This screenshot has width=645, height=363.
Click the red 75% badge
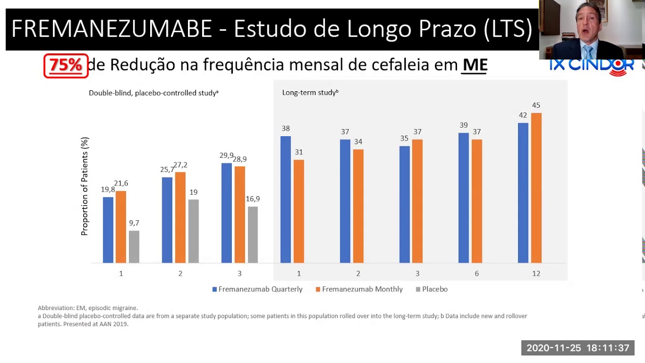coord(66,66)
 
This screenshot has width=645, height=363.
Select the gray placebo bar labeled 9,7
coord(134,247)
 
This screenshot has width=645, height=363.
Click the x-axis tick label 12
coord(536,274)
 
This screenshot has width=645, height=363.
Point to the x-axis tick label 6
coord(477,274)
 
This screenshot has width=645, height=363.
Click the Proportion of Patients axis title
coord(85,187)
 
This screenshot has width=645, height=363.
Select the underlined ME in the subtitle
coord(475,65)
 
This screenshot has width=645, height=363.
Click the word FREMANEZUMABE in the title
coord(111,29)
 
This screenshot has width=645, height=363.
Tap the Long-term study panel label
coord(310,93)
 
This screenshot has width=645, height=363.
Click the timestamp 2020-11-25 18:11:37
coord(577,348)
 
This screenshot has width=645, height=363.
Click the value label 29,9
coord(226,156)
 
